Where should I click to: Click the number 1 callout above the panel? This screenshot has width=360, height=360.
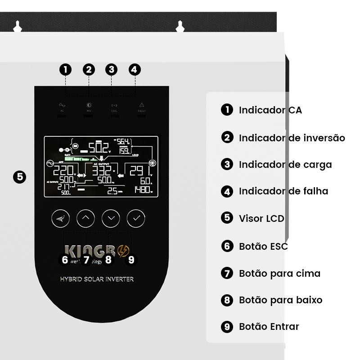[66, 69]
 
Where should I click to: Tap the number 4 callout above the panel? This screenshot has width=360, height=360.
[135, 69]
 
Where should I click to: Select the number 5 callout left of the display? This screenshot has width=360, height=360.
[19, 176]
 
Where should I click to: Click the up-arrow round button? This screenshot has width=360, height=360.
[85, 218]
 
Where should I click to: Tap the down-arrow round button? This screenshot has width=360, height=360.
[111, 218]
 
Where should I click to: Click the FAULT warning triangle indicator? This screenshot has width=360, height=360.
[142, 104]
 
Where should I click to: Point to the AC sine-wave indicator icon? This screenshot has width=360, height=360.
[62, 105]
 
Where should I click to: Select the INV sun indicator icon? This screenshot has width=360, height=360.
[89, 104]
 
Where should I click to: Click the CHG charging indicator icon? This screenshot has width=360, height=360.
[114, 105]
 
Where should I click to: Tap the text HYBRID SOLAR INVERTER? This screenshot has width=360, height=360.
[97, 279]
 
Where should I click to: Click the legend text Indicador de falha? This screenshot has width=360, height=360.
[283, 191]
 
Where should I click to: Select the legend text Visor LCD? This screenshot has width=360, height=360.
[261, 219]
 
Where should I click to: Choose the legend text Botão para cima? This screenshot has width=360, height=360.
[279, 273]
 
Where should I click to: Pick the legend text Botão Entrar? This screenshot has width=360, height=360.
[269, 327]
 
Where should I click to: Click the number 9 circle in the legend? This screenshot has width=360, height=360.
[227, 327]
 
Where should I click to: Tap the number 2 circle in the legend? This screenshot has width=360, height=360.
[227, 137]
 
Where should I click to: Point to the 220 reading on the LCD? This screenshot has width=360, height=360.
[63, 171]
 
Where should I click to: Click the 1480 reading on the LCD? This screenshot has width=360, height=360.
[144, 190]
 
